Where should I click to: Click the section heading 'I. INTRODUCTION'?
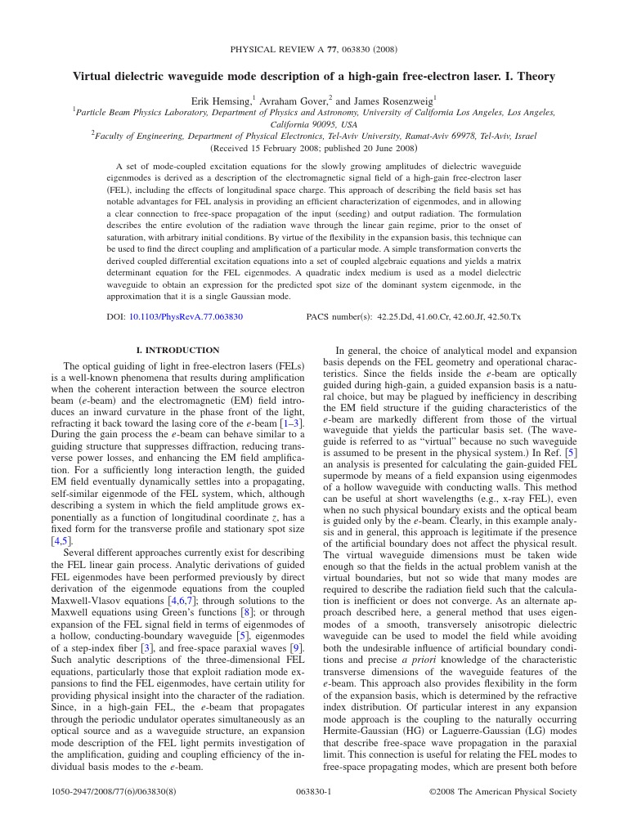pos(177,350)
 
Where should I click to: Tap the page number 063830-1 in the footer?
pos(313,791)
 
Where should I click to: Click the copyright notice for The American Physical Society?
pos(503,791)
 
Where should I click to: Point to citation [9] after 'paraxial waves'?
pos(295,649)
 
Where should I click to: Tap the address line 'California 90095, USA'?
pos(314,124)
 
